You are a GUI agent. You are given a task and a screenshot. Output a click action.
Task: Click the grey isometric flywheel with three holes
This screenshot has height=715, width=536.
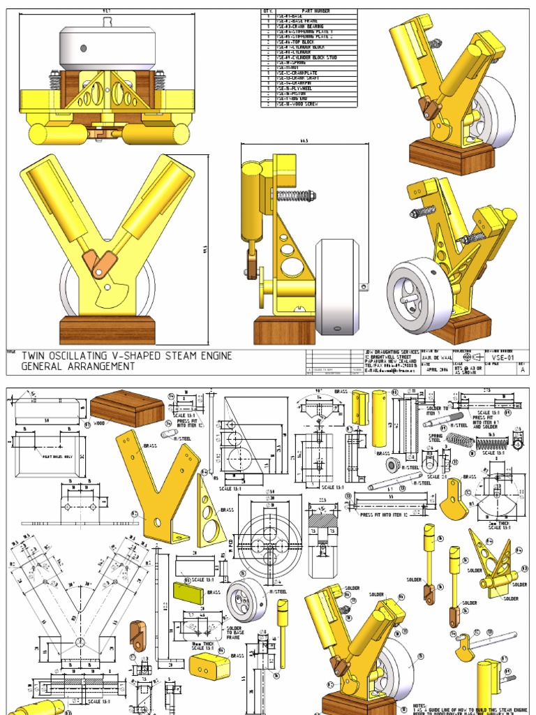[246, 599]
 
